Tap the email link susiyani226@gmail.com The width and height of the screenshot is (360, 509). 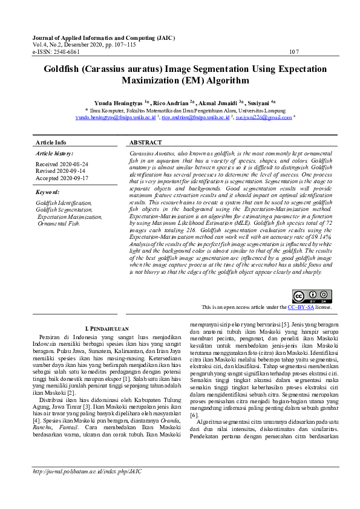(264, 118)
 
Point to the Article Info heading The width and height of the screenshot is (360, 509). (51, 143)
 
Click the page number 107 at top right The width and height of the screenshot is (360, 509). (294, 52)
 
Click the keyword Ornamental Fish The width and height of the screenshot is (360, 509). (58, 223)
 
